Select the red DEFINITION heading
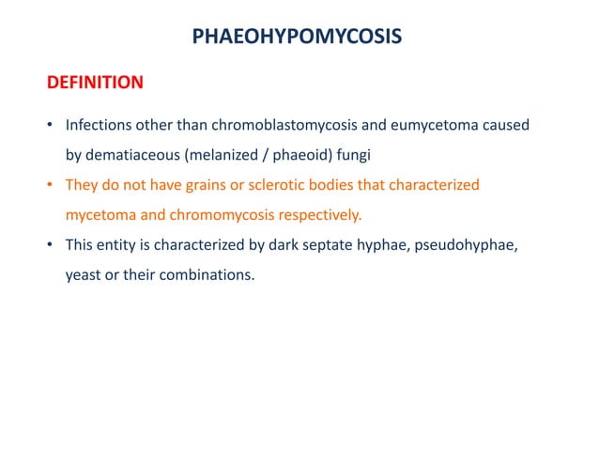tap(95, 83)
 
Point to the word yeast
tap(83, 274)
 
